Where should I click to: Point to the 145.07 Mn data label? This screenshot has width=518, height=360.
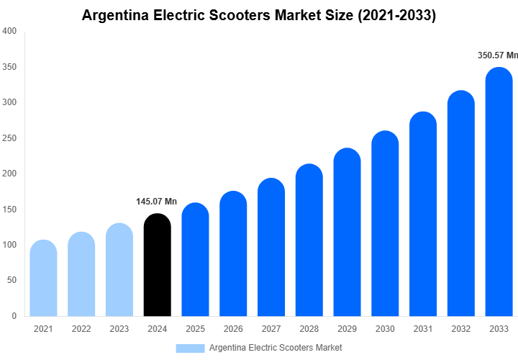point(156,202)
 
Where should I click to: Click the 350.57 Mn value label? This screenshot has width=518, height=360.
point(498,55)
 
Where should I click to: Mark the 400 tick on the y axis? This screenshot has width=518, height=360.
point(10,31)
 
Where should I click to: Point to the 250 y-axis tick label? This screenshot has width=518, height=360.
point(10,138)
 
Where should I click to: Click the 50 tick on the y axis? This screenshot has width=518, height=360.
point(12,280)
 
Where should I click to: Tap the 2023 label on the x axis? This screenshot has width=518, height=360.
point(119,329)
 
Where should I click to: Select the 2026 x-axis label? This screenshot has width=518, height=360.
point(233,329)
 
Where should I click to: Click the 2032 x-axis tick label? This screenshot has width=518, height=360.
point(461,329)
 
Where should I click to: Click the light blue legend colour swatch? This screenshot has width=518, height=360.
point(190,348)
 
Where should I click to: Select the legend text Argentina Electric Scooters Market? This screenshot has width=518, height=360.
point(276,348)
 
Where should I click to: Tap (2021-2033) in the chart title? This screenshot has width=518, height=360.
point(398,14)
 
